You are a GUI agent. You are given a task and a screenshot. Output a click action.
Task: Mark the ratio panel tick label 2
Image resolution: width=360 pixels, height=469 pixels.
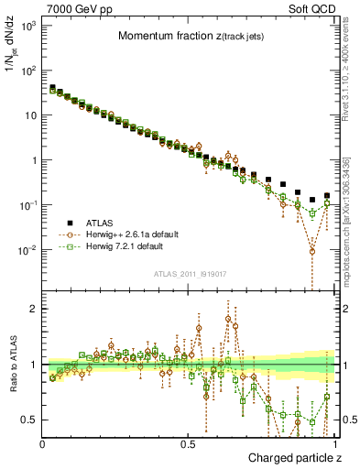(32, 309)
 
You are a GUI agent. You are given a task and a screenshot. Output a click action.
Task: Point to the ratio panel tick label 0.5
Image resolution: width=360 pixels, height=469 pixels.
(27, 420)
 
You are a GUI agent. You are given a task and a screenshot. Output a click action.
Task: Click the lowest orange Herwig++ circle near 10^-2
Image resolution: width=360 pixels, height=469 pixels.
(312, 251)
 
